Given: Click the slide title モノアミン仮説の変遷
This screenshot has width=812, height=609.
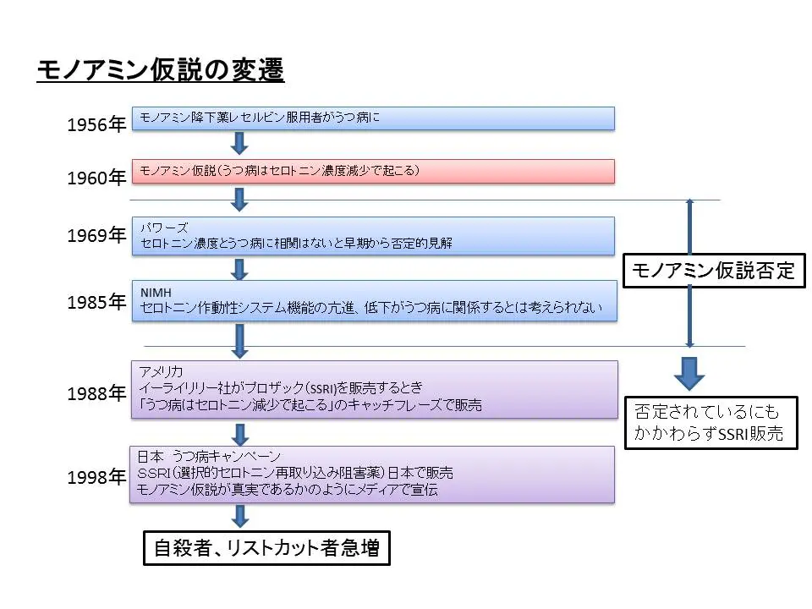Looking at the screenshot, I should click(x=160, y=70).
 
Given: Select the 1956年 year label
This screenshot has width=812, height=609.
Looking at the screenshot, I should click(x=96, y=125).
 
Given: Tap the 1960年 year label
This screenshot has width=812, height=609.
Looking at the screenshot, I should click(x=96, y=178).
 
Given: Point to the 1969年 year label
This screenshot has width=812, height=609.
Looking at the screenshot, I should click(x=96, y=236).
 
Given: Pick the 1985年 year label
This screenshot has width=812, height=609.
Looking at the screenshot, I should click(x=96, y=303).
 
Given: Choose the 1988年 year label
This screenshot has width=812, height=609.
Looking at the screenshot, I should click(x=96, y=393).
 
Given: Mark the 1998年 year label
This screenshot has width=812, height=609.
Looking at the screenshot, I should click(x=96, y=478).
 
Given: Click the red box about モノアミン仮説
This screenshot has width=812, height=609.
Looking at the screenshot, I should click(x=373, y=171).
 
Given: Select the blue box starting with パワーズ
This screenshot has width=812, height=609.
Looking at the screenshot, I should click(x=373, y=236).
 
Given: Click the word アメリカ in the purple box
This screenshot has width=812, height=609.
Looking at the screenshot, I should click(x=162, y=371).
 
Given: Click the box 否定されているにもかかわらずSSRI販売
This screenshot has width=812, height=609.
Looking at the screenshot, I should click(x=710, y=423).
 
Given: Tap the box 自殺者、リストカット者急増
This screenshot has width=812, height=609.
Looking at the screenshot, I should click(x=265, y=549).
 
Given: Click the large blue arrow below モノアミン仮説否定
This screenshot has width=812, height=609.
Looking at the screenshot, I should click(x=689, y=371).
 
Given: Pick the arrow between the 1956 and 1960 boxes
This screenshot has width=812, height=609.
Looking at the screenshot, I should click(x=239, y=144).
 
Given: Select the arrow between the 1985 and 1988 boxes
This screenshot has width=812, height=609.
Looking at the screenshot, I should click(x=239, y=341).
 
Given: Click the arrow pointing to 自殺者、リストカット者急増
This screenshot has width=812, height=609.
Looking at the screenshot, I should click(x=239, y=516).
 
